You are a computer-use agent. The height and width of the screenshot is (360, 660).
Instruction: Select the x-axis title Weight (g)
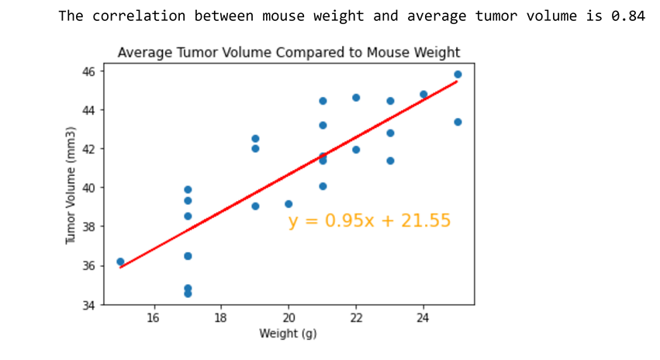pyautogui.click(x=289, y=334)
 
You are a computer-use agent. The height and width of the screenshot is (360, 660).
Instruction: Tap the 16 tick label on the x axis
pyautogui.click(x=154, y=318)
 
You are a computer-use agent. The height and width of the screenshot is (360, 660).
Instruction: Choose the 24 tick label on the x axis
pyautogui.click(x=423, y=318)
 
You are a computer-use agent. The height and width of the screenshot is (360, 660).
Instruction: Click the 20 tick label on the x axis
pyautogui.click(x=289, y=318)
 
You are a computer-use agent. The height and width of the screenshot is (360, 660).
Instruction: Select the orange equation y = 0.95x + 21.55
pyautogui.click(x=369, y=221)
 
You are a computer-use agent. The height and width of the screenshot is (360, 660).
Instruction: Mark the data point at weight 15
pyautogui.click(x=120, y=261)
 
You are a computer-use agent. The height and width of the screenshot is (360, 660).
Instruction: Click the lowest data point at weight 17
pyautogui.click(x=188, y=293)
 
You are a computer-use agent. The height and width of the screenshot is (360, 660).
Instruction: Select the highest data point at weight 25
pyautogui.click(x=458, y=74)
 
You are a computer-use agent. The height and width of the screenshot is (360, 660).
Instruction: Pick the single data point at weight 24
pyautogui.click(x=423, y=95)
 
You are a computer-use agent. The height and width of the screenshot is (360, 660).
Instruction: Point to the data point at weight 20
pyautogui.click(x=289, y=204)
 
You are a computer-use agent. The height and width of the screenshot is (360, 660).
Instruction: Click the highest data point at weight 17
pyautogui.click(x=188, y=189)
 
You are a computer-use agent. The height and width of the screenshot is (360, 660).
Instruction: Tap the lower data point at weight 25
pyautogui.click(x=458, y=122)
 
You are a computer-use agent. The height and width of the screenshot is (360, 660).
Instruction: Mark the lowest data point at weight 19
pyautogui.click(x=255, y=206)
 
